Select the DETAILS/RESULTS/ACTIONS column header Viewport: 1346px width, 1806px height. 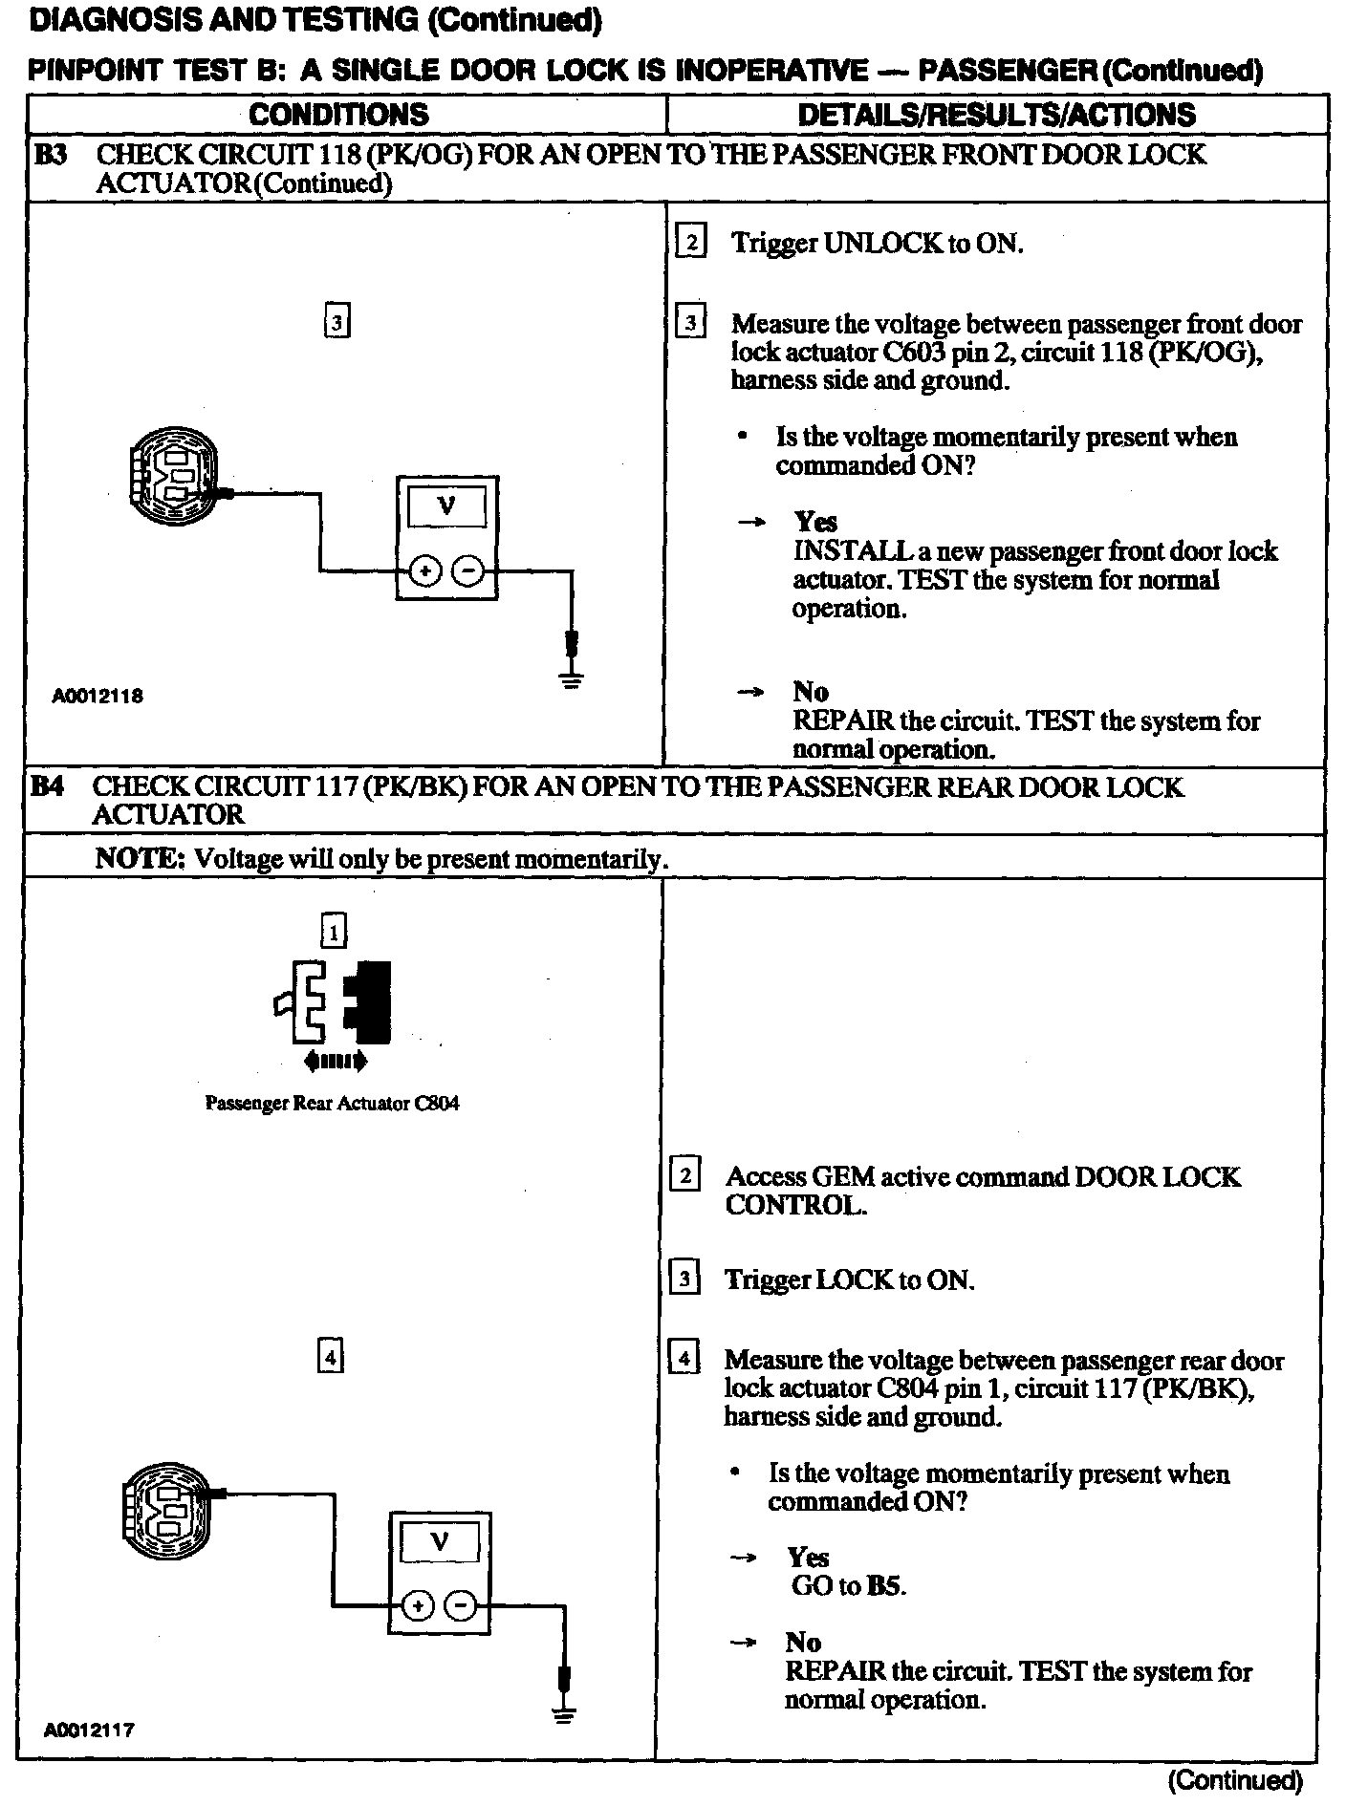click(x=996, y=115)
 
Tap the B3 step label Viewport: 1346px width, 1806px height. click(x=51, y=155)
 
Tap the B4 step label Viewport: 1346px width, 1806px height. click(x=48, y=787)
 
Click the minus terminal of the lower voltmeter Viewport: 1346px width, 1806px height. click(x=461, y=1606)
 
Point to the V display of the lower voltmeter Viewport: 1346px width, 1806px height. click(x=440, y=1541)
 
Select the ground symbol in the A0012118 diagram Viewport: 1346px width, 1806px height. click(x=572, y=680)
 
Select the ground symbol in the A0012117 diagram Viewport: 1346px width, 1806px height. click(x=564, y=1713)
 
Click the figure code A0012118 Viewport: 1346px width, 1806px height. click(x=98, y=696)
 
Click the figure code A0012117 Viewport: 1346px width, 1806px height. click(x=88, y=1731)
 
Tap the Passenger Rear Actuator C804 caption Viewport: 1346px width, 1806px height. click(x=332, y=1104)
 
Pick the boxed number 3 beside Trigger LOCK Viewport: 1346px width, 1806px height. click(x=684, y=1279)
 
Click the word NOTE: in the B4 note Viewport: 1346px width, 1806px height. click(x=140, y=858)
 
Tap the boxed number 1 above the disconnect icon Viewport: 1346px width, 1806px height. click(x=333, y=931)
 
